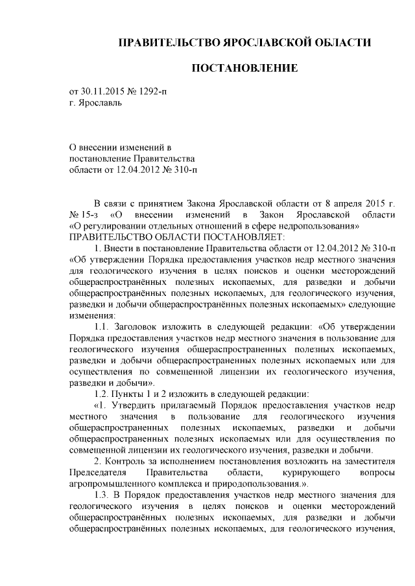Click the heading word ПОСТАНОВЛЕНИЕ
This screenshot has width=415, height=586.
coord(244,68)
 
